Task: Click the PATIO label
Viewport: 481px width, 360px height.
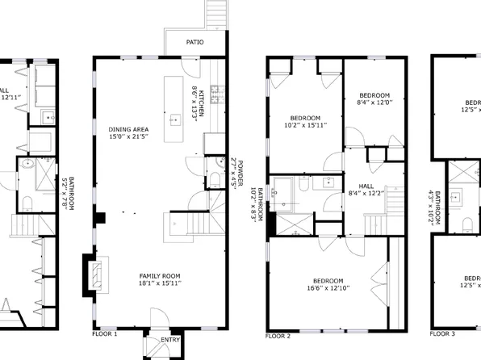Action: [194, 40]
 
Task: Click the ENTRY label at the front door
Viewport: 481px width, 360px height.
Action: [170, 340]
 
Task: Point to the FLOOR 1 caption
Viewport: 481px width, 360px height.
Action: [104, 333]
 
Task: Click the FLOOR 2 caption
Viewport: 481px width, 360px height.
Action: [277, 334]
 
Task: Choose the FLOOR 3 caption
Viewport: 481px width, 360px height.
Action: [441, 333]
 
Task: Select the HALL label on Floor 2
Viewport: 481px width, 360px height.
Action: [355, 184]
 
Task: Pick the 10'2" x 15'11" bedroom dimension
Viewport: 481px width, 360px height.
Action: [305, 125]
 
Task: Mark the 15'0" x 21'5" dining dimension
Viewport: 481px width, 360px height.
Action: [128, 137]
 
